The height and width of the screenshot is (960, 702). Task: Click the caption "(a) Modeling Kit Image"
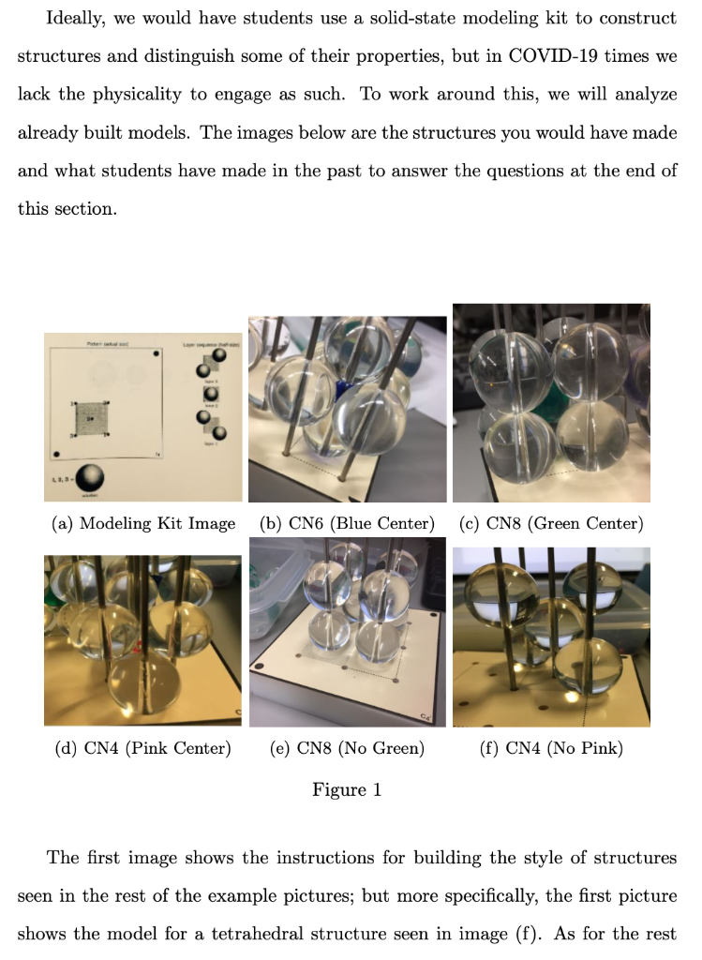[x=142, y=523]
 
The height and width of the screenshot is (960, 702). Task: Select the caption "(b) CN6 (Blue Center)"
[x=347, y=523]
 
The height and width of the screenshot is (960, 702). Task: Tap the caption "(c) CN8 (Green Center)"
[x=551, y=523]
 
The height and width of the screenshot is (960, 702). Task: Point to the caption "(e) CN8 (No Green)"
[x=347, y=748]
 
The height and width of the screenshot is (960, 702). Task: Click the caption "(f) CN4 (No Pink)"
[x=551, y=748]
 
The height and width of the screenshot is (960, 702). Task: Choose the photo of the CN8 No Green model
[x=347, y=632]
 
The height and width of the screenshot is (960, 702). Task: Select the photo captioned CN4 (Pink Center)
[x=142, y=639]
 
